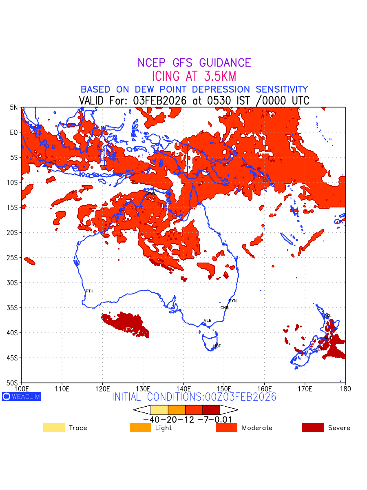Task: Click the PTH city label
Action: pyautogui.click(x=89, y=291)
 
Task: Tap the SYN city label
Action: pyautogui.click(x=232, y=301)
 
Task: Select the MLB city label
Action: pyautogui.click(x=208, y=321)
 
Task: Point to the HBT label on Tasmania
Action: pyautogui.click(x=217, y=346)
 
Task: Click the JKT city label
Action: pyautogui.click(x=53, y=162)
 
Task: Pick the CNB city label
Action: pyautogui.click(x=224, y=308)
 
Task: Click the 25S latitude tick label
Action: pyautogui.click(x=13, y=258)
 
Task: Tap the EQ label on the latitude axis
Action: pyautogui.click(x=14, y=133)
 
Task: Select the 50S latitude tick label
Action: pyautogui.click(x=13, y=383)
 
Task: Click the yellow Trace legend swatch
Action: pyautogui.click(x=54, y=428)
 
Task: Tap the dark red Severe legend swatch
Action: pyautogui.click(x=313, y=428)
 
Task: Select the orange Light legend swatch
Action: pyautogui.click(x=140, y=428)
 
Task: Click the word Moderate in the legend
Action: pyautogui.click(x=257, y=428)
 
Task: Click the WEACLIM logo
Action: pyautogui.click(x=22, y=396)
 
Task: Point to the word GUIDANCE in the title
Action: pyautogui.click(x=225, y=63)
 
